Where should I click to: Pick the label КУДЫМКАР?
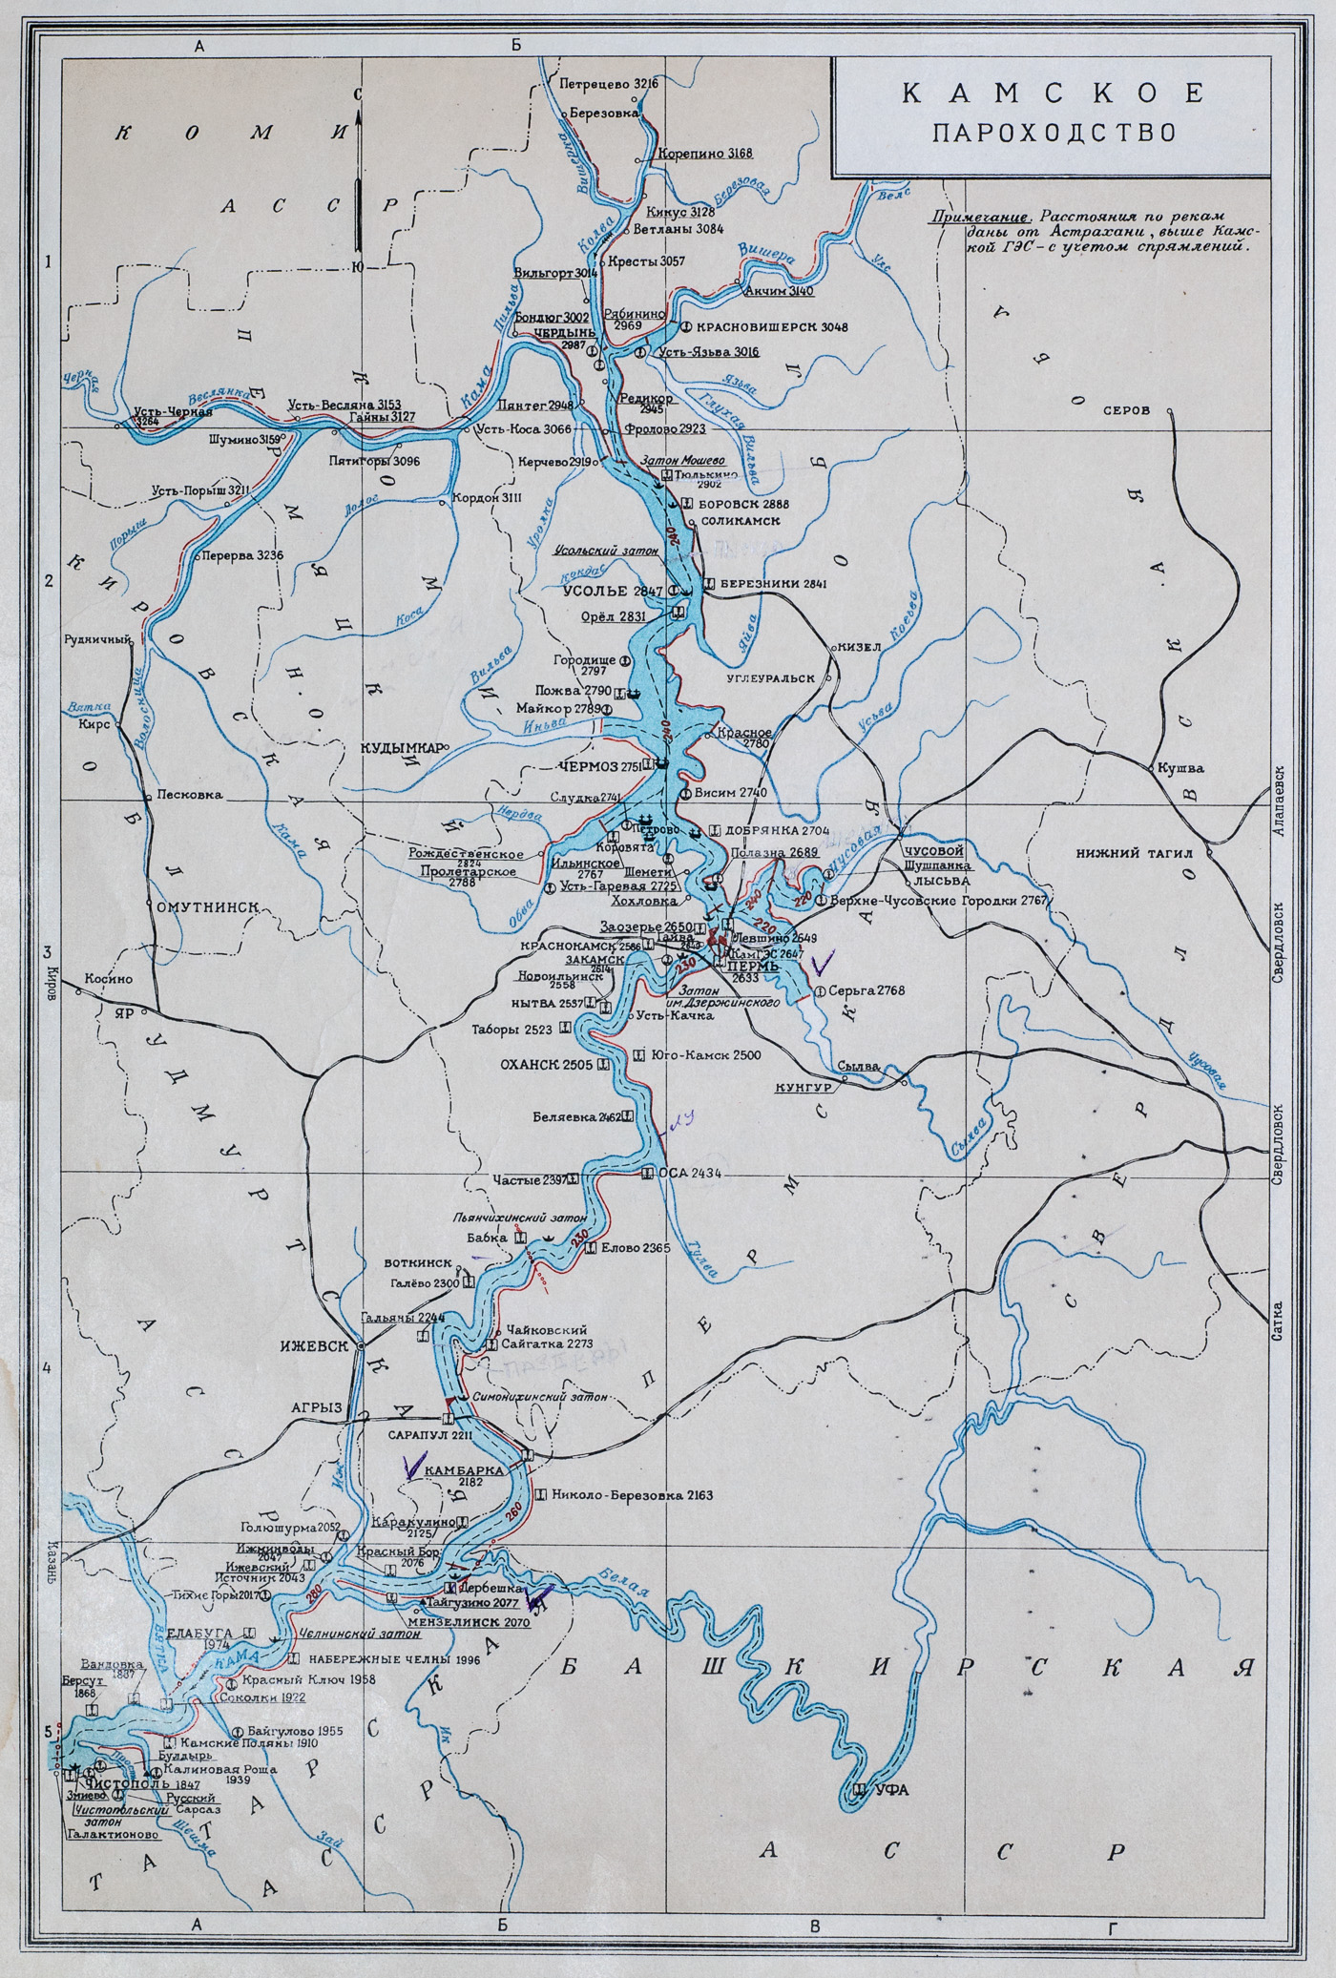[400, 748]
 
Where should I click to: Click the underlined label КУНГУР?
[804, 1087]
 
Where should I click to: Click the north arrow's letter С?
[357, 94]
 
